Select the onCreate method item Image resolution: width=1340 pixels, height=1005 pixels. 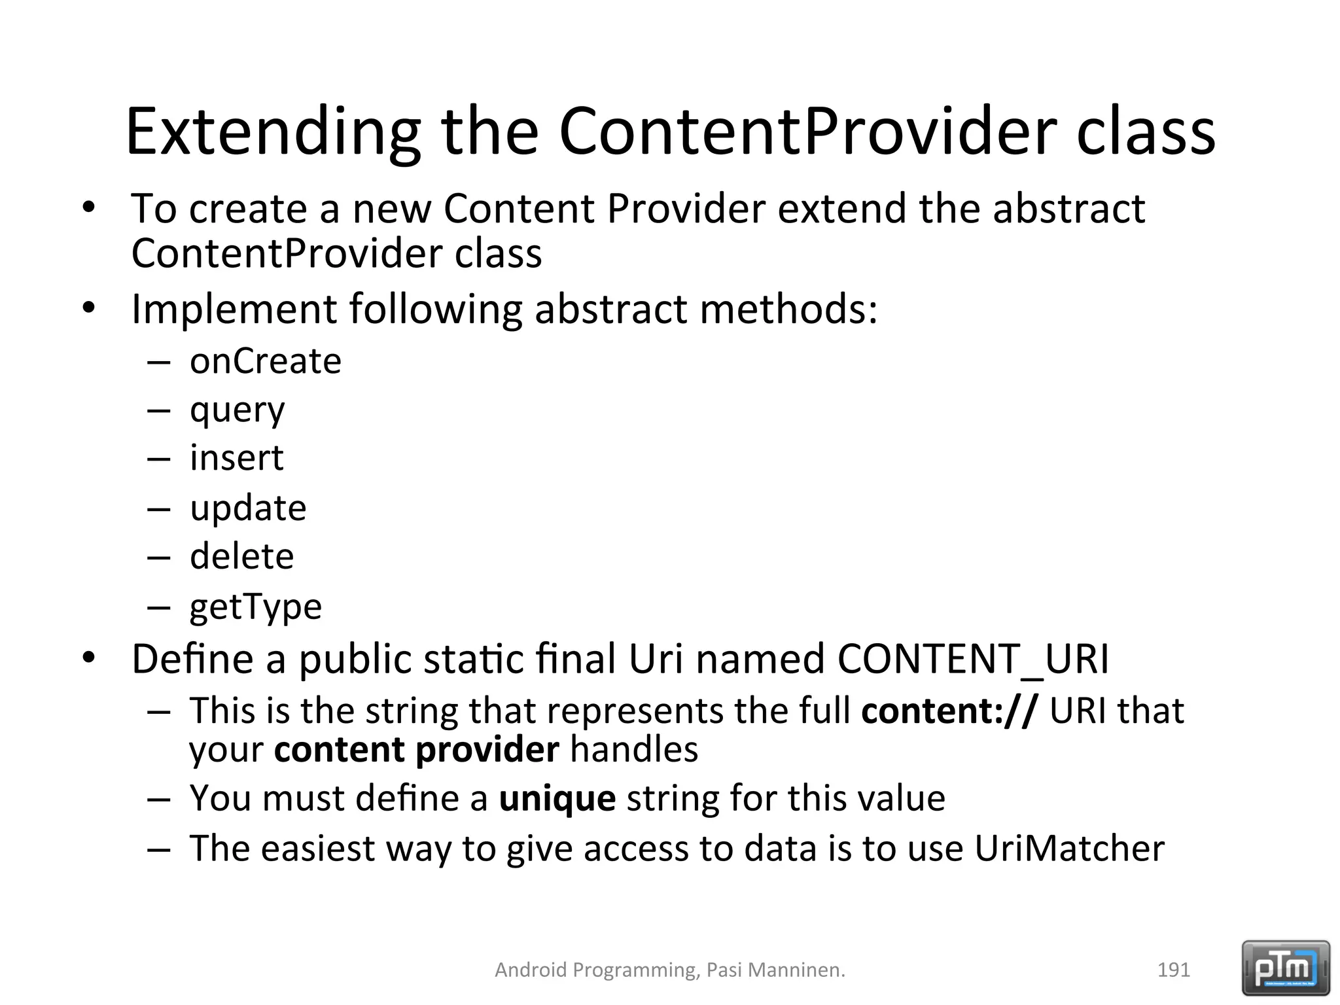[265, 361]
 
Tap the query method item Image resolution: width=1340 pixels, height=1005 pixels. [237, 411]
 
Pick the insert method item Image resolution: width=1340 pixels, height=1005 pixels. [236, 457]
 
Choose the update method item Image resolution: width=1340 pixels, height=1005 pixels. [248, 508]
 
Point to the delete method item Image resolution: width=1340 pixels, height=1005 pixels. [241, 556]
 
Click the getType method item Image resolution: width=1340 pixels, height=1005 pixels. [255, 607]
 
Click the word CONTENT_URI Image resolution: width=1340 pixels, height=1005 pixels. [973, 659]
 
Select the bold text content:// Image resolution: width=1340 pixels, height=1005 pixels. [949, 711]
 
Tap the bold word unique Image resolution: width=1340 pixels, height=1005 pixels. [557, 798]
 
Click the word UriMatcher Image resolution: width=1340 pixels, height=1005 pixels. [1069, 848]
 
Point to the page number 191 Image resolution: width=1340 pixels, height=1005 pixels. [1173, 970]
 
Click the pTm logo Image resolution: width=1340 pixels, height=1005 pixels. [1286, 968]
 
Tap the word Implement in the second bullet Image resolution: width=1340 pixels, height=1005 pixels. [234, 309]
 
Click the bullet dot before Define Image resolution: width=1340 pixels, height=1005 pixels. [89, 657]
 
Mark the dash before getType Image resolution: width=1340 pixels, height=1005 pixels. [158, 607]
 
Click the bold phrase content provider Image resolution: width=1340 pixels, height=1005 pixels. [416, 750]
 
